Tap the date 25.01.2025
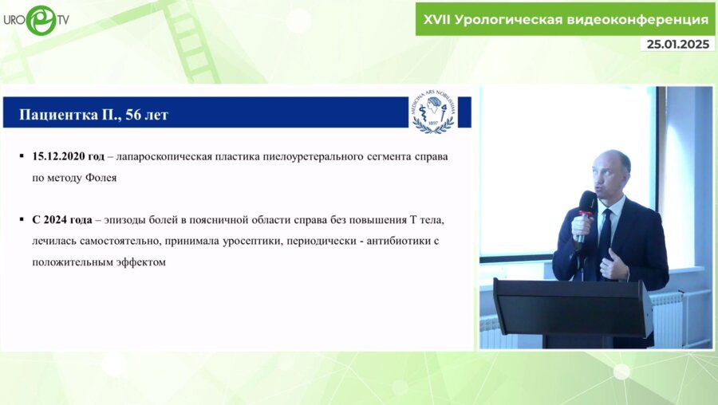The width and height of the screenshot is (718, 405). (677, 45)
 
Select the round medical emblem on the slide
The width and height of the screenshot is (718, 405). (432, 110)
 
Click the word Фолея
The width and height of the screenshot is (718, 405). (100, 178)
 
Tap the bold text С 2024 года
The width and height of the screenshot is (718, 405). (63, 218)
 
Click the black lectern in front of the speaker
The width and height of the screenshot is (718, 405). (572, 307)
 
